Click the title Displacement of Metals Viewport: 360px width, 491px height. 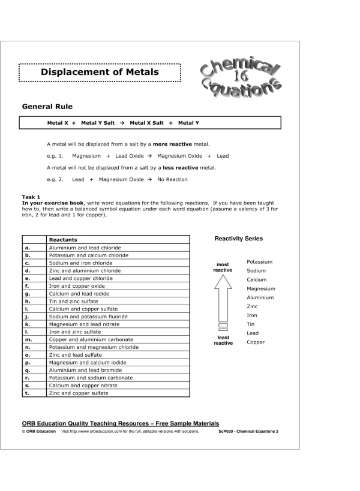100,73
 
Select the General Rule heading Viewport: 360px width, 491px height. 47,107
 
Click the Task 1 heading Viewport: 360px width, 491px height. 31,197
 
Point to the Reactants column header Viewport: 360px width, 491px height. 63,240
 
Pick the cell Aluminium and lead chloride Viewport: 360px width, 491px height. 85,248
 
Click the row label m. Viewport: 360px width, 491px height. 28,339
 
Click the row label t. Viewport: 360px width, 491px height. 27,393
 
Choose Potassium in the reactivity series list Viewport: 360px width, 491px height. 259,262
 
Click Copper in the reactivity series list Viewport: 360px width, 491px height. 255,342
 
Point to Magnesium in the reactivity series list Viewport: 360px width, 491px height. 261,288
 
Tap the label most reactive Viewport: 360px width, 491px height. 223,267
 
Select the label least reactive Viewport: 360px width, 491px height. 223,341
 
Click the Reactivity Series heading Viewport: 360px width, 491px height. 239,239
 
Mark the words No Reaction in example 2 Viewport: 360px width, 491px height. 172,179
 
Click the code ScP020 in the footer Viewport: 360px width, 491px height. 227,431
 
